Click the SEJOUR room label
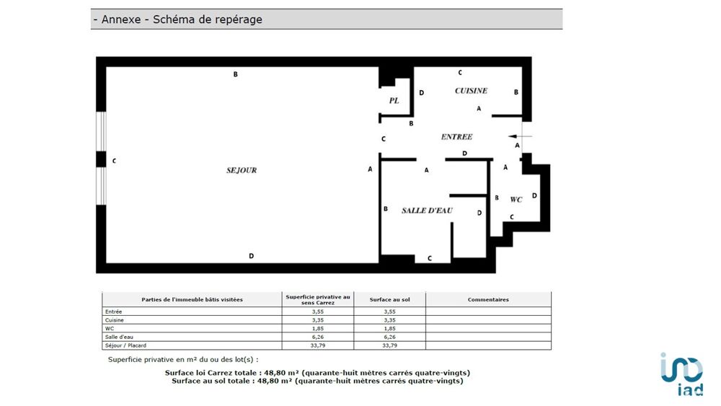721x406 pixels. (x=242, y=170)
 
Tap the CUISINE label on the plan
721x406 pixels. (x=471, y=91)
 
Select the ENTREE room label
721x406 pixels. (x=456, y=136)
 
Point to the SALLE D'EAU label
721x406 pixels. (x=427, y=211)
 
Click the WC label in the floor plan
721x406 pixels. (x=516, y=199)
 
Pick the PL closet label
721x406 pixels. (x=394, y=101)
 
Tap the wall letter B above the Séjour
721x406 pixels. (x=235, y=74)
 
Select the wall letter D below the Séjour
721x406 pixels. (x=251, y=256)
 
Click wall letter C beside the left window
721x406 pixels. (x=114, y=161)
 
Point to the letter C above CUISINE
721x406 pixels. (x=460, y=73)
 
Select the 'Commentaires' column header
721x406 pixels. (x=488, y=299)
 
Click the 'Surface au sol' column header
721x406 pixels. (x=389, y=299)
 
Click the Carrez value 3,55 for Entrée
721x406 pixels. (x=318, y=311)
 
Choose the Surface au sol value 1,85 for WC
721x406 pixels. (x=389, y=327)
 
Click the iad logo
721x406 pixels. (x=681, y=374)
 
